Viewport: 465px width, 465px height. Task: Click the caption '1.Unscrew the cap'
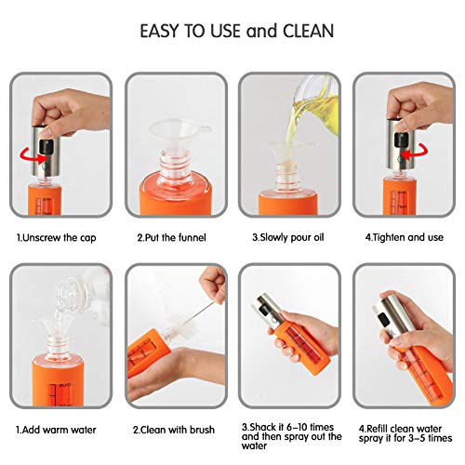[59, 235]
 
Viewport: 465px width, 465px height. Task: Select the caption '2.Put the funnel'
[173, 235]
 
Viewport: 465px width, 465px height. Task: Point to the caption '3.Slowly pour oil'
[289, 235]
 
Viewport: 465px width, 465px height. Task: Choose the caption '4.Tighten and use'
[405, 235]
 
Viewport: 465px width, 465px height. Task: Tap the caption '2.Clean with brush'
[175, 430]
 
